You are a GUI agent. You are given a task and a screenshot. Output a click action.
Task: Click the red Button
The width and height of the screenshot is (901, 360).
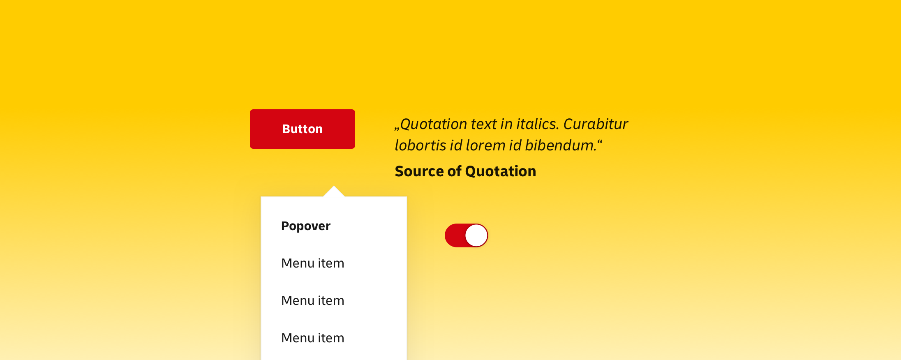click(x=303, y=129)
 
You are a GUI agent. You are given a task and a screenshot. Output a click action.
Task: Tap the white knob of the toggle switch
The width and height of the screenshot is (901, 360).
click(x=476, y=235)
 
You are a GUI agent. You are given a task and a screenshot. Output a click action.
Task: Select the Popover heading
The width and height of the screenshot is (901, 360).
click(x=306, y=226)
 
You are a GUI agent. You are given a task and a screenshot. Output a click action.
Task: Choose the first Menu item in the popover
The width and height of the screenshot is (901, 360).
click(x=313, y=263)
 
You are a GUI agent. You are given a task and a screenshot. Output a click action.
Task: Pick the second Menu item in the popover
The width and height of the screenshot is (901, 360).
click(x=313, y=300)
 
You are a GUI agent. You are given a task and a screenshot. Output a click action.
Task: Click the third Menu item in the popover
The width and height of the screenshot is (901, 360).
click(x=313, y=338)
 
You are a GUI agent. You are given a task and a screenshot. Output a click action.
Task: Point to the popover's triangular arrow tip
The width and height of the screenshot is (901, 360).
click(x=334, y=186)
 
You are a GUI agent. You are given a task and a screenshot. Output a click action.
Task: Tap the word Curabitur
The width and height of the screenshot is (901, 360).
click(x=596, y=124)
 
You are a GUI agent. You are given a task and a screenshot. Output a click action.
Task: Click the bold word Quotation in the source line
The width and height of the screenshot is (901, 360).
click(x=501, y=171)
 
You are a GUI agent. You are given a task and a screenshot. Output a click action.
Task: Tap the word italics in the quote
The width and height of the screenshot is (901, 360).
click(x=538, y=124)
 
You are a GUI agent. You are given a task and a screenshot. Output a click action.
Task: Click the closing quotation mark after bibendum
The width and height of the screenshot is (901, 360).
click(x=600, y=142)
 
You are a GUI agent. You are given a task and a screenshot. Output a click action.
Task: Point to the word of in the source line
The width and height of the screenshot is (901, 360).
click(x=455, y=171)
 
